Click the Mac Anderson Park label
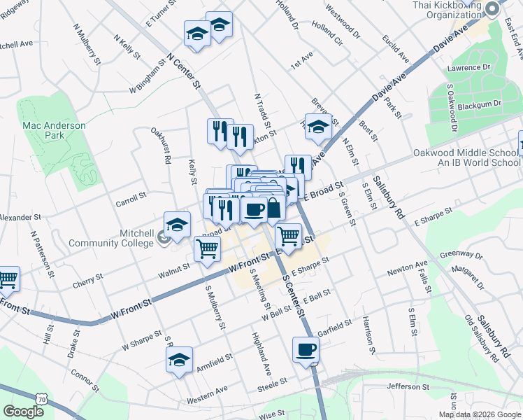click(54, 129)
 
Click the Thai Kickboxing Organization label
click(445, 8)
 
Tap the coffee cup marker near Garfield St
click(306, 350)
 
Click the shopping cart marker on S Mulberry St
click(207, 248)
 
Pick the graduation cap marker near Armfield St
click(180, 360)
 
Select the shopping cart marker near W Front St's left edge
click(7, 279)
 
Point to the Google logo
click(23, 411)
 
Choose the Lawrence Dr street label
click(471, 68)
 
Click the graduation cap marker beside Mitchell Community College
click(177, 225)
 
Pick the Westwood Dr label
click(343, 23)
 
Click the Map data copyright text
click(480, 414)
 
